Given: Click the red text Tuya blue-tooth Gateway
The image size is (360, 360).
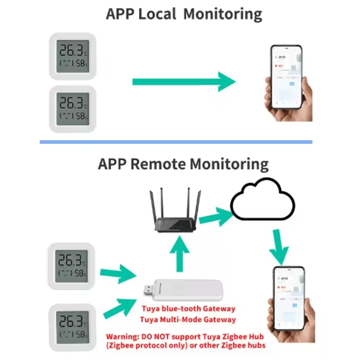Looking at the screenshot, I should [188, 309].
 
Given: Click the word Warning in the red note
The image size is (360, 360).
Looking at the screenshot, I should [121, 337].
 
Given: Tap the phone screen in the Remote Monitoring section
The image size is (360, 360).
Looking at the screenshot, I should [289, 298].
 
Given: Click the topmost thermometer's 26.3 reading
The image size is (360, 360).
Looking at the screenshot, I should [70, 50].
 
